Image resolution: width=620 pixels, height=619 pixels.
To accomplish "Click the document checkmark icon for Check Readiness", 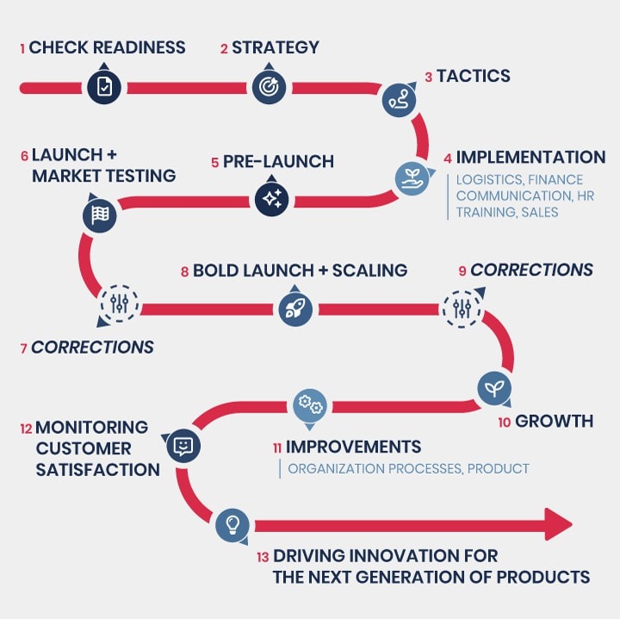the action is pyautogui.click(x=104, y=87).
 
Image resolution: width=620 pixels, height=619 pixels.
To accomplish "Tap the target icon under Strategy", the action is pyautogui.click(x=269, y=87).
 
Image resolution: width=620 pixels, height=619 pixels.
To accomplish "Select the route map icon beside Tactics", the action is pyautogui.click(x=399, y=100).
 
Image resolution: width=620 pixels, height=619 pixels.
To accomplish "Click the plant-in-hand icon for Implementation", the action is pyautogui.click(x=412, y=179).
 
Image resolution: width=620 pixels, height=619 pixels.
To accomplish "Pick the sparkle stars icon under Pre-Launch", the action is pyautogui.click(x=271, y=199).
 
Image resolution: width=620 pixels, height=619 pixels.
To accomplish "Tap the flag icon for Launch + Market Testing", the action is pyautogui.click(x=100, y=215).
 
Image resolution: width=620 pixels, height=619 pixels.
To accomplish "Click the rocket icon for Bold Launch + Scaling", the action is pyautogui.click(x=295, y=309).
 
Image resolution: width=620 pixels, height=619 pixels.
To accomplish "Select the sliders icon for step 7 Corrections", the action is pyautogui.click(x=119, y=304).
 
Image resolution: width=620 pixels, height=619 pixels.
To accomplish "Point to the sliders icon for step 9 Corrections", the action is pyautogui.click(x=462, y=309).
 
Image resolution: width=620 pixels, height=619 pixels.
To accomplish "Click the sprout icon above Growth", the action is pyautogui.click(x=494, y=388).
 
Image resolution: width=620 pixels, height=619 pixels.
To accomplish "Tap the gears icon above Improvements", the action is pyautogui.click(x=310, y=405).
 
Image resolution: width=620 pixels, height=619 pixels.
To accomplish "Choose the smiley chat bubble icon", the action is pyautogui.click(x=183, y=446).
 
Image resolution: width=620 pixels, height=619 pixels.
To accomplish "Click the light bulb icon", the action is pyautogui.click(x=232, y=525).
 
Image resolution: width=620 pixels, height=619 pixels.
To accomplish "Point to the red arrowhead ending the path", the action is pyautogui.click(x=558, y=524).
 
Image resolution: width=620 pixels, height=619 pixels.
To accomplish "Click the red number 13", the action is pyautogui.click(x=263, y=557).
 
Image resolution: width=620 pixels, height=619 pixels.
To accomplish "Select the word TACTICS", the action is pyautogui.click(x=474, y=76).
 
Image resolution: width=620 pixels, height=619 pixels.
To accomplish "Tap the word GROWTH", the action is pyautogui.click(x=554, y=421).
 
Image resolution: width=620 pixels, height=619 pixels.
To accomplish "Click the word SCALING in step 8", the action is pyautogui.click(x=369, y=270).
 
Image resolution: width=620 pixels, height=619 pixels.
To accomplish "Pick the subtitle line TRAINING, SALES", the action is pyautogui.click(x=507, y=213).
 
